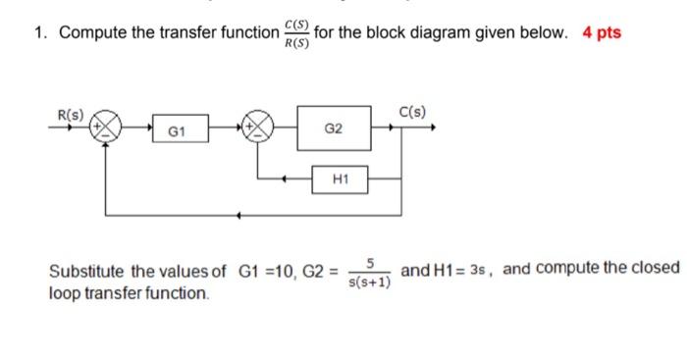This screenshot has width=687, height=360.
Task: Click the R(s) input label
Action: [x=70, y=113]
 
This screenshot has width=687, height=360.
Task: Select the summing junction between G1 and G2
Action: [x=260, y=129]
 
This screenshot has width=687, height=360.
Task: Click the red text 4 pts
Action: [x=602, y=32]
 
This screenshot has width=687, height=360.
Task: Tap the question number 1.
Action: [x=38, y=33]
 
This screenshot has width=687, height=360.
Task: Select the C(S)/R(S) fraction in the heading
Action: [x=293, y=32]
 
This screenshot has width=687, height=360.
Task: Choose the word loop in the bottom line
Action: [x=66, y=292]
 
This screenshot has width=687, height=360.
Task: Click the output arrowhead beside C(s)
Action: [x=431, y=128]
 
